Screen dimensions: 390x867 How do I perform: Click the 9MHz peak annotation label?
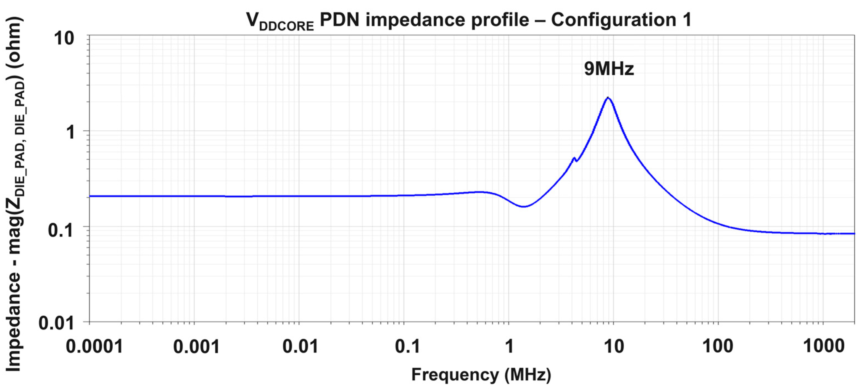[609, 69]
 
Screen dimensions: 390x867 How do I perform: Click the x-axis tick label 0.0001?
[94, 346]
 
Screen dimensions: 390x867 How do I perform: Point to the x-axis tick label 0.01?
[300, 346]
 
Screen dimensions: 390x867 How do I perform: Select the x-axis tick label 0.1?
[407, 346]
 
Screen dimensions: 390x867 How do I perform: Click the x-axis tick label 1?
[510, 346]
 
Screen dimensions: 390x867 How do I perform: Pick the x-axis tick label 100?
[718, 346]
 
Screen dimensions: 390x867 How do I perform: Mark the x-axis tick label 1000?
[824, 346]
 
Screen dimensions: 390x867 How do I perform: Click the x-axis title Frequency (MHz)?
[481, 375]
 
